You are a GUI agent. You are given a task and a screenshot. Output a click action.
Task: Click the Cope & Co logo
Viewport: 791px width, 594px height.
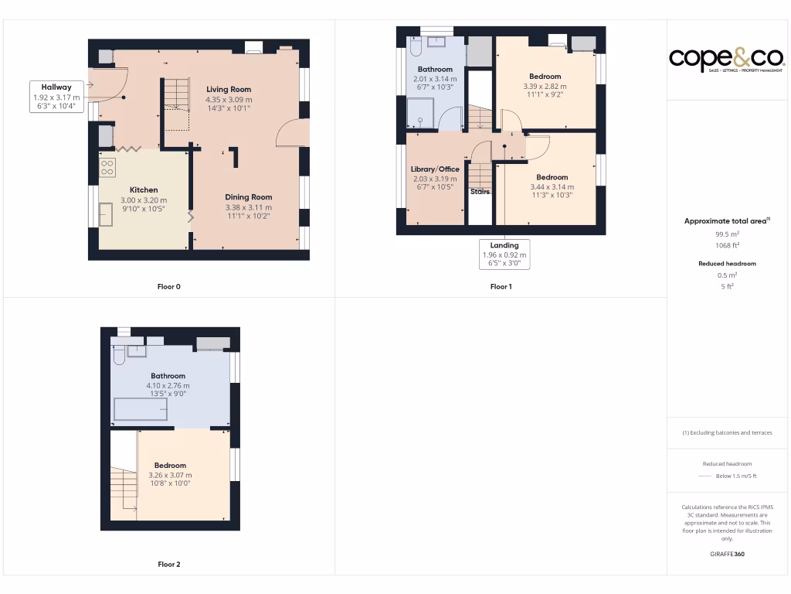click(x=726, y=59)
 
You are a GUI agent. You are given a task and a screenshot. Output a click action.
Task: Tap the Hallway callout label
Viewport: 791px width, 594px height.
click(x=56, y=97)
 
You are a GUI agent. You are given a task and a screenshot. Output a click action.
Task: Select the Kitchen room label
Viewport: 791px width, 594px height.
click(x=144, y=189)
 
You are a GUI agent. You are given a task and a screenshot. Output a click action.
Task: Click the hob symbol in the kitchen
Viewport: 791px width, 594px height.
click(x=107, y=168)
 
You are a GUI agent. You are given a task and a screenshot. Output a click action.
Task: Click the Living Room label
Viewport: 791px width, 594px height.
click(x=229, y=90)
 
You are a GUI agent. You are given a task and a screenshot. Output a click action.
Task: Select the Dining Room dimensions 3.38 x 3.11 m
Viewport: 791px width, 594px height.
click(x=249, y=207)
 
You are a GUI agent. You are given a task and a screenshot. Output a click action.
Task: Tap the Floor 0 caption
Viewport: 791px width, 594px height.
click(x=168, y=287)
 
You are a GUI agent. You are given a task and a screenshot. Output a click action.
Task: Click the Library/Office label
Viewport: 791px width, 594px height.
click(x=435, y=169)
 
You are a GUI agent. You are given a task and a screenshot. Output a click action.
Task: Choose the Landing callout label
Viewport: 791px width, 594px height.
click(x=504, y=245)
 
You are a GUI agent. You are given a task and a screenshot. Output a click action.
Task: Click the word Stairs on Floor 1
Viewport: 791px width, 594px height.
click(x=480, y=192)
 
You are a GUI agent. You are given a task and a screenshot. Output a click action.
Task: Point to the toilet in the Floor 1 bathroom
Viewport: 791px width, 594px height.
click(x=414, y=48)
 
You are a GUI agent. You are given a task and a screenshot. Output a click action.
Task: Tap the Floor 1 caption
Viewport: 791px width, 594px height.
click(x=501, y=287)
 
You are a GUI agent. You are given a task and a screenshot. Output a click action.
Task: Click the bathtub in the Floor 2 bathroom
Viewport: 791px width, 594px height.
click(x=141, y=409)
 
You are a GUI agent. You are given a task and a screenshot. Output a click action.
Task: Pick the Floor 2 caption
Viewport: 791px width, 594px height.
click(x=168, y=565)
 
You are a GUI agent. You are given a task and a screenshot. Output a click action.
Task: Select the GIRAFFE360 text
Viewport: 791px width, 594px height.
click(x=726, y=555)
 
